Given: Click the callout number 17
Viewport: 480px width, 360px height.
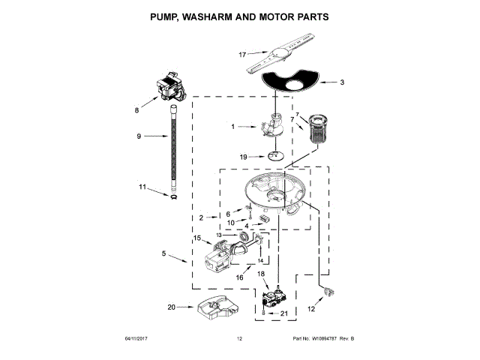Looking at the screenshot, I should click(242, 55).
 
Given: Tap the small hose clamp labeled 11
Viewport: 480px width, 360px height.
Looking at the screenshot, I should click(173, 196).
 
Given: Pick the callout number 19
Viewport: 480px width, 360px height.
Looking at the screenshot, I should click(242, 157).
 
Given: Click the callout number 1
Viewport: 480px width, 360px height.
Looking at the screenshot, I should click(233, 127).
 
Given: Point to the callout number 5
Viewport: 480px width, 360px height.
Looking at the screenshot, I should click(163, 254).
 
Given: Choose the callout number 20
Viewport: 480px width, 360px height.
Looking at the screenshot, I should click(171, 307).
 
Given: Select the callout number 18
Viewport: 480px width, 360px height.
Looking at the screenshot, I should click(262, 274).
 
